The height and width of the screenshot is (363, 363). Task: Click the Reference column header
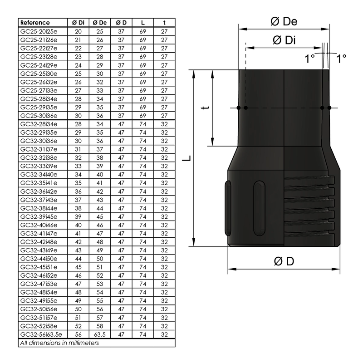[x=35, y=23]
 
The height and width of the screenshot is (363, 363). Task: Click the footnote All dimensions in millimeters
[x=59, y=343]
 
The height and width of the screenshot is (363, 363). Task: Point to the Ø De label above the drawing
[x=284, y=21]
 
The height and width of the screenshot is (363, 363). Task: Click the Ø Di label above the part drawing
[x=284, y=40]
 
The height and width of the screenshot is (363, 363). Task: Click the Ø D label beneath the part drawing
[x=284, y=261]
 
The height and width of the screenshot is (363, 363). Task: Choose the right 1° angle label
[x=341, y=58]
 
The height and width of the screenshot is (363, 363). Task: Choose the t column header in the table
[x=164, y=23]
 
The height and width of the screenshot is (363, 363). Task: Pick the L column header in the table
[x=143, y=23]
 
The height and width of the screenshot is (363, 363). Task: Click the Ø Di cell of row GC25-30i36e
[x=78, y=115]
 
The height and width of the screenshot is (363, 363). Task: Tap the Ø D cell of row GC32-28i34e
[x=121, y=124]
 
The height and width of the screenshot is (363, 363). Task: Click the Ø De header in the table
[x=99, y=23]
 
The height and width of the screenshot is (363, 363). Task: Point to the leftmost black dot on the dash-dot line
[x=238, y=108]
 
